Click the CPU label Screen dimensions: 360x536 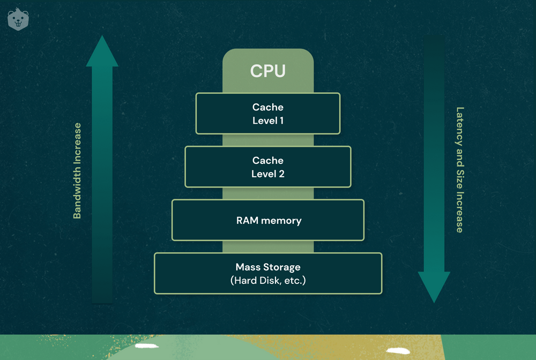[x=267, y=71]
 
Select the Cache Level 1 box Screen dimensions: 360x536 [x=267, y=114]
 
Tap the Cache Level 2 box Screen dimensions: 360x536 [x=267, y=167]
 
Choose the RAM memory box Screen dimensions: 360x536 [x=267, y=220]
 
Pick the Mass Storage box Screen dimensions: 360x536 [x=267, y=273]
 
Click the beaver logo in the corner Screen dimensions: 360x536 [x=18, y=19]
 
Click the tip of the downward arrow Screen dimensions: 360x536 [x=434, y=302]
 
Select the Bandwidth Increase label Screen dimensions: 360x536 [x=78, y=171]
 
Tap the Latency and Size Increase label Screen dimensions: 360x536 [x=459, y=170]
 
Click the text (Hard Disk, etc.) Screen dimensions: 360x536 [x=268, y=280]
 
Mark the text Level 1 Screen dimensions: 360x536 [x=268, y=121]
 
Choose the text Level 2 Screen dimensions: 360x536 [x=268, y=174]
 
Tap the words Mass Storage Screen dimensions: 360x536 [x=268, y=267]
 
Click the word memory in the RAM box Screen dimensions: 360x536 [x=282, y=220]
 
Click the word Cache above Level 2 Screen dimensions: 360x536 [x=268, y=160]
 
